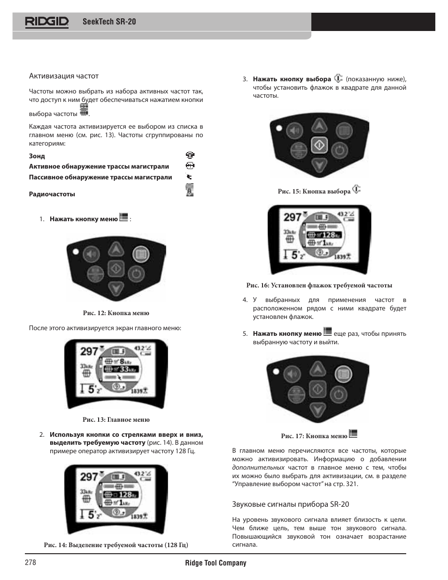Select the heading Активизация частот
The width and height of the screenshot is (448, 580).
(x=64, y=76)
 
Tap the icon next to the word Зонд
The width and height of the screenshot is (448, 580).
(x=190, y=155)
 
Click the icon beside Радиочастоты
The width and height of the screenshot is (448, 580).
(x=190, y=190)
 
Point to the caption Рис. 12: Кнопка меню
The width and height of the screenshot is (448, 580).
(x=116, y=313)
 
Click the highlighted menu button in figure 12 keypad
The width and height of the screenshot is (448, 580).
(x=140, y=255)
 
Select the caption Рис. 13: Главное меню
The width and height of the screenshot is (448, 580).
(x=116, y=419)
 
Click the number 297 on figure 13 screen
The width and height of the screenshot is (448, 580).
(x=89, y=351)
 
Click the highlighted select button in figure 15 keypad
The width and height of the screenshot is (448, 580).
(x=319, y=145)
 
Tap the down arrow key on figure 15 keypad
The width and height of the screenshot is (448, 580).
(x=319, y=165)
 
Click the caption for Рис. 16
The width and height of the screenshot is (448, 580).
(x=319, y=285)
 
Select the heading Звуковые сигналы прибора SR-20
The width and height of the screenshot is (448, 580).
(x=291, y=504)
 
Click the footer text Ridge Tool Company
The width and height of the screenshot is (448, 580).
(x=216, y=563)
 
